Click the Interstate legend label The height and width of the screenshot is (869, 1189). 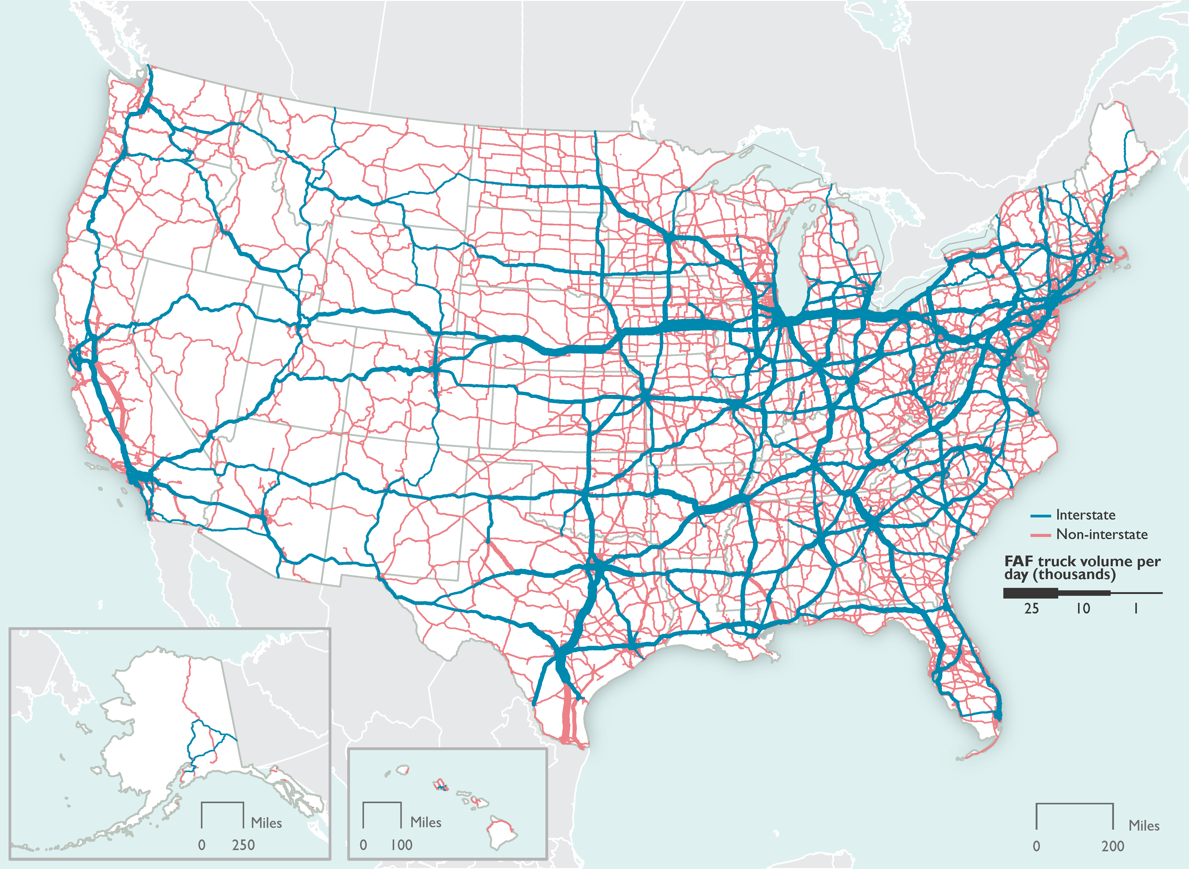(1085, 515)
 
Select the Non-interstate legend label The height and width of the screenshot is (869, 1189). (1102, 535)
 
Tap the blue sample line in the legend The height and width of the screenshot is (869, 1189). (1040, 516)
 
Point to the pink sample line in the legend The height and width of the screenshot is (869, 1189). (1040, 535)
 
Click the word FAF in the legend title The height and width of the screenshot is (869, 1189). (1019, 561)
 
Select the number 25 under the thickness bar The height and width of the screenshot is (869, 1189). (1031, 609)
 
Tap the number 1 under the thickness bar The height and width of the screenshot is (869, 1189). (1136, 609)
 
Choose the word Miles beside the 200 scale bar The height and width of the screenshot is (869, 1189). (1144, 826)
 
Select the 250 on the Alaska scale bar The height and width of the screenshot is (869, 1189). (244, 845)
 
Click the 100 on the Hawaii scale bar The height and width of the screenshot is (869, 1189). (401, 845)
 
